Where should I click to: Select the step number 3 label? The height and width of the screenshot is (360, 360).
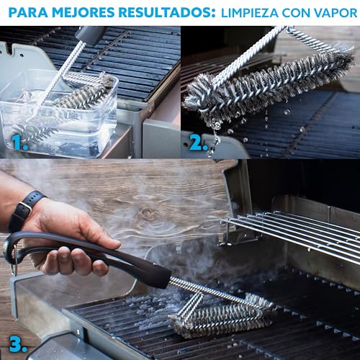point(18,344)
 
